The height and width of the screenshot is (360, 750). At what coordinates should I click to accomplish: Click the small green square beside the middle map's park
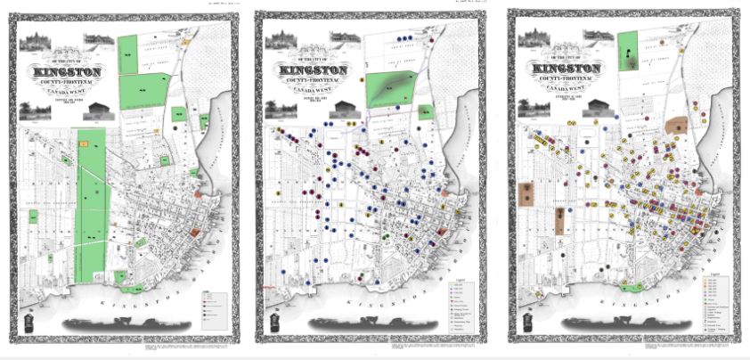pyautogui.click(x=434, y=118)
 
